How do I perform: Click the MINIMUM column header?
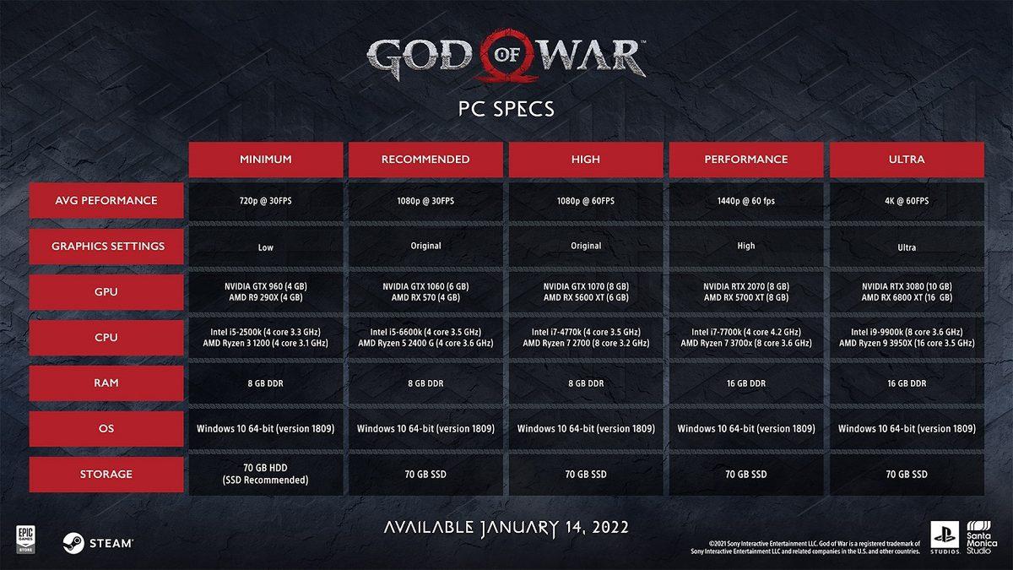(265, 159)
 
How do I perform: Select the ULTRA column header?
(907, 159)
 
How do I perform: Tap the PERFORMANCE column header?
(746, 159)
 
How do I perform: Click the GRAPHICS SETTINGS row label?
(106, 247)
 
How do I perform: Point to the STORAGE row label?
(106, 474)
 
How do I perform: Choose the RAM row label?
(106, 383)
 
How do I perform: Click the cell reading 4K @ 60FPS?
(907, 201)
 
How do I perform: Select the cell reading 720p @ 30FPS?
(265, 201)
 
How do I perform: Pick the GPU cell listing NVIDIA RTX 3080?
(907, 291)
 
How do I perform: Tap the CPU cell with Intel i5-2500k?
(265, 337)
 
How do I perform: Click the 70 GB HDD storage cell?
(265, 474)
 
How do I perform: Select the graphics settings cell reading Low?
(265, 247)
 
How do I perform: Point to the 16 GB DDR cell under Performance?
(746, 383)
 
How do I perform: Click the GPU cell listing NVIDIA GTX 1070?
(586, 291)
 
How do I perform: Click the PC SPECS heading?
(506, 110)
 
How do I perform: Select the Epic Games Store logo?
(24, 538)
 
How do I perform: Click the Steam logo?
(97, 543)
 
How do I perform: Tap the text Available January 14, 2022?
(506, 528)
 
